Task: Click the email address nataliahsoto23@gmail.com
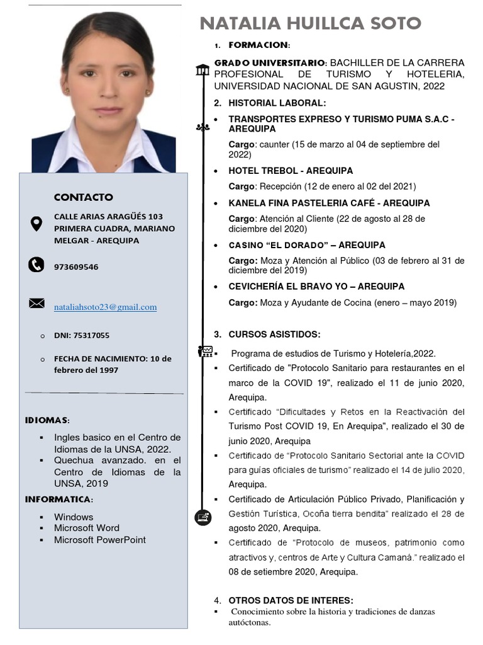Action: pos(105,307)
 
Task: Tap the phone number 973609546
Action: pos(75,267)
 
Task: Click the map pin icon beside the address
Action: pos(36,223)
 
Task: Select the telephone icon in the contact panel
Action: pos(36,265)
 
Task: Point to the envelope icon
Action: pos(36,304)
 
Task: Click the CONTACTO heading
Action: pos(83,197)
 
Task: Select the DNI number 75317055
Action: pos(82,336)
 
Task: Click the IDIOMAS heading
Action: pos(47,420)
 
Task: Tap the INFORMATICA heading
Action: pos(58,499)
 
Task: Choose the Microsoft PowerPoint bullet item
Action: pos(99,540)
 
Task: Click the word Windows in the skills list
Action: pos(74,517)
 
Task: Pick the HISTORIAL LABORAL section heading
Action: pos(277,103)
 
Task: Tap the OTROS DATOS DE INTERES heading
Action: pos(291,600)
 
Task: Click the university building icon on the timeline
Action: pos(203,69)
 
